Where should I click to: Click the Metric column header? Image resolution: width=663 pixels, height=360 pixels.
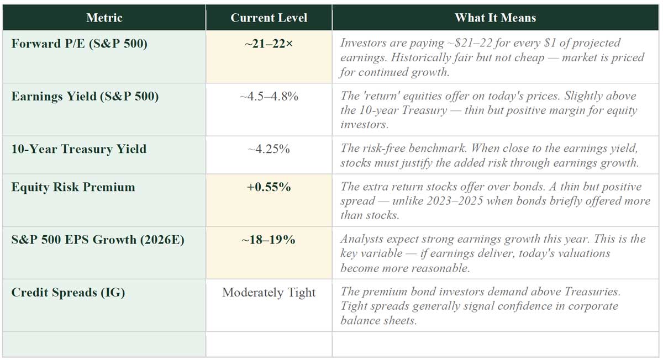[x=104, y=18]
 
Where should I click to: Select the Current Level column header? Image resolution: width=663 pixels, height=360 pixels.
[x=269, y=18]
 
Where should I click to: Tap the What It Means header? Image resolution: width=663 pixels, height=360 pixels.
[x=495, y=18]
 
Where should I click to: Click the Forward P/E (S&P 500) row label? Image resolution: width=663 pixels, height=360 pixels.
[x=79, y=43]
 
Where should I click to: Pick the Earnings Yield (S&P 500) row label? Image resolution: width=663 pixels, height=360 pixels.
[x=85, y=96]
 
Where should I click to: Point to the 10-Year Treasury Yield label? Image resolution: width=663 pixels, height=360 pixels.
[x=78, y=149]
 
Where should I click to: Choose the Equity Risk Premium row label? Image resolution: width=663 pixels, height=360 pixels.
[x=73, y=187]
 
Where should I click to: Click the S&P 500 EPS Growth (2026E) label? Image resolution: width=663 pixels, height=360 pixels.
[x=97, y=240]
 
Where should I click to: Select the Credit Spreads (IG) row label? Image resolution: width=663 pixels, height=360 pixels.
[x=68, y=292]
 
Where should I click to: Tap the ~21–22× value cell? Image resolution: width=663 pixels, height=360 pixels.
[x=269, y=43]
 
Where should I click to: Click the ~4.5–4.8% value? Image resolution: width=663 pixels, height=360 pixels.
[x=269, y=96]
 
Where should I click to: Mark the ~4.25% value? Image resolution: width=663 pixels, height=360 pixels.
[x=269, y=149]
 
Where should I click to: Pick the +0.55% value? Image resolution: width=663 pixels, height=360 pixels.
[x=269, y=187]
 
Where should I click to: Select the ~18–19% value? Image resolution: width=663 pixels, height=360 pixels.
[x=269, y=240]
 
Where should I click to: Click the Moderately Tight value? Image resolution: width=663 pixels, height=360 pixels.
[x=269, y=292]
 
